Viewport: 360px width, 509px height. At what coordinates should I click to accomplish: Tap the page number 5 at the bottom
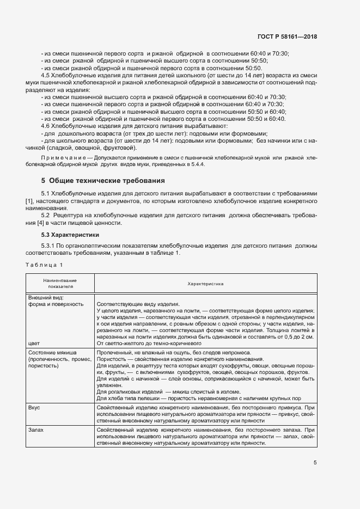315,463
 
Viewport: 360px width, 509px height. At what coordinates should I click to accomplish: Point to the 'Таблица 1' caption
44,265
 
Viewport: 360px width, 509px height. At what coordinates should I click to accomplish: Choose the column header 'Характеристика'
205,283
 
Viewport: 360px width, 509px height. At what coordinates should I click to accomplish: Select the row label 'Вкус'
34,407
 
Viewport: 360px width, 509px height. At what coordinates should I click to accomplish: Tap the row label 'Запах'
35,430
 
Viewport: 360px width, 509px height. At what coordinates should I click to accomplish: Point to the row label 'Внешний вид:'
46,297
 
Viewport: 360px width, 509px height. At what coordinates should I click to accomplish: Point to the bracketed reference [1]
30,201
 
